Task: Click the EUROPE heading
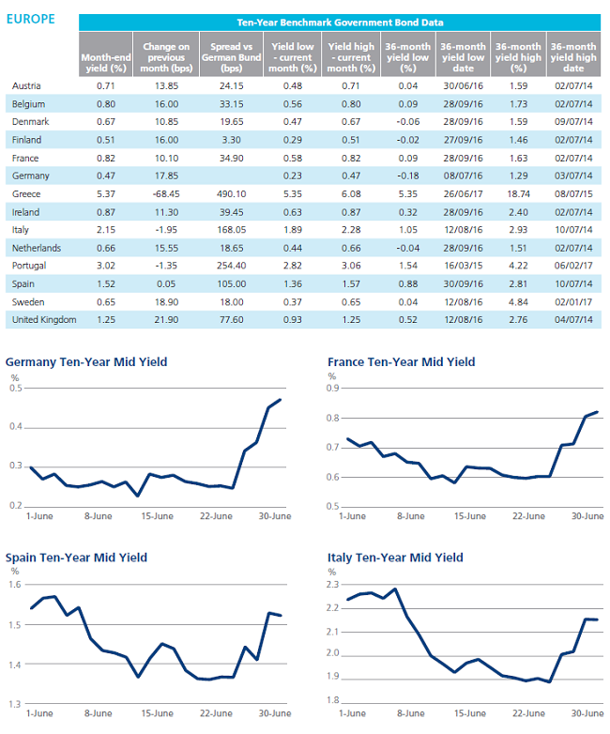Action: (30, 19)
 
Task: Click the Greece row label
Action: (26, 193)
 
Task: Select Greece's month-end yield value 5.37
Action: (106, 193)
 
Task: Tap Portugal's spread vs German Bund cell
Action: (231, 266)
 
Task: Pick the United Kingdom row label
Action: (44, 320)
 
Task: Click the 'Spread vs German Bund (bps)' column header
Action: (231, 57)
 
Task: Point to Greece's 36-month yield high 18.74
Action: (518, 193)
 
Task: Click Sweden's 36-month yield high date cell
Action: (573, 302)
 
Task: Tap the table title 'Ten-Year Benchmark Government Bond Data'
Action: (340, 23)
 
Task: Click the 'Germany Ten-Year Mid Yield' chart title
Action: (86, 362)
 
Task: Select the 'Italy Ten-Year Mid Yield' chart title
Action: (395, 558)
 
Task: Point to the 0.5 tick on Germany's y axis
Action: (16, 388)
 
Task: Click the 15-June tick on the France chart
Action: (469, 516)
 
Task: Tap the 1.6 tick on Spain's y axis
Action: (15, 584)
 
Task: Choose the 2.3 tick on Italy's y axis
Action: (332, 584)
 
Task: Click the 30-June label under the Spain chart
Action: (275, 713)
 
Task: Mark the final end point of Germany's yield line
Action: (280, 399)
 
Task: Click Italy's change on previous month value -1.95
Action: (166, 230)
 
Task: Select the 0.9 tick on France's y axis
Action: (332, 388)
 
